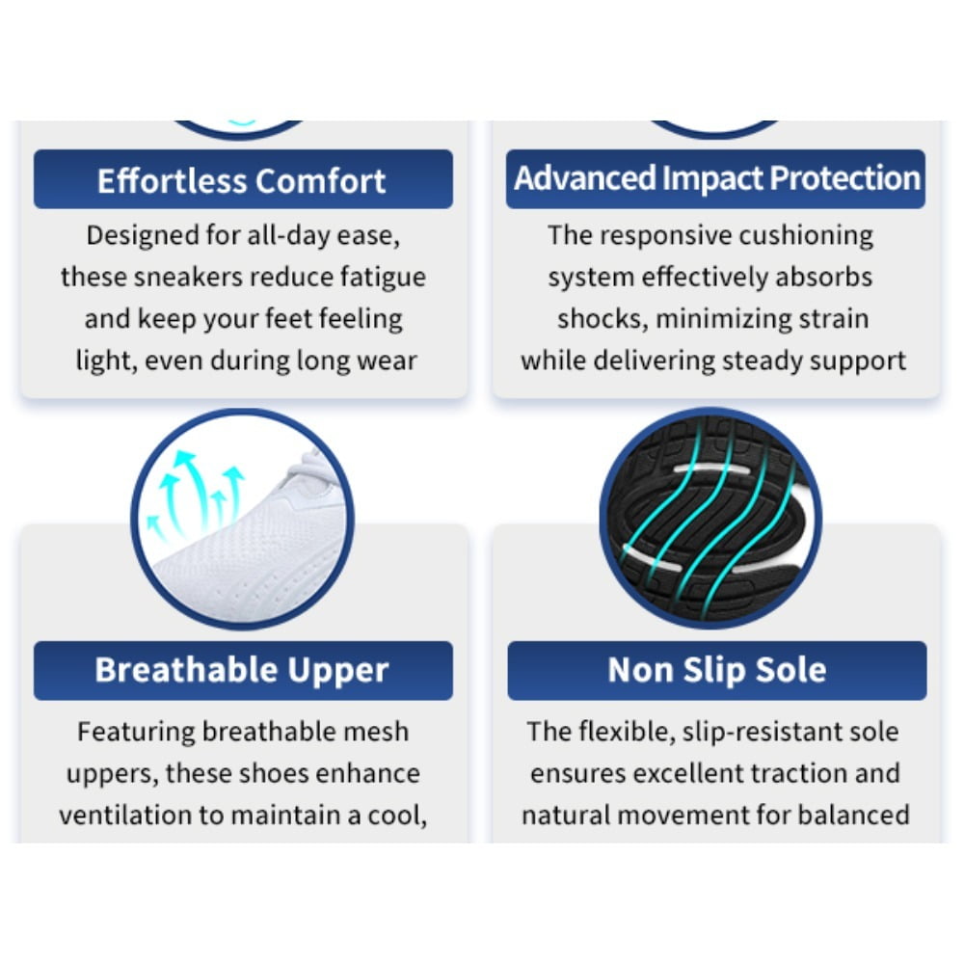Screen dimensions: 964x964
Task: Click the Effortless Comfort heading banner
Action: [243, 179]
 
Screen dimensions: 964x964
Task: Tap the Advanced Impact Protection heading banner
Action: [715, 179]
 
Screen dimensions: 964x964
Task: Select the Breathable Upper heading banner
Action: [243, 670]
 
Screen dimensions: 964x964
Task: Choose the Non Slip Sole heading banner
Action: [717, 670]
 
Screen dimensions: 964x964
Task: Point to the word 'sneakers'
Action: [188, 278]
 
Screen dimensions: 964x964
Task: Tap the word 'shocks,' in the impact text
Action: [602, 319]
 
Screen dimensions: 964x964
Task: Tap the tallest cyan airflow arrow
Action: [194, 489]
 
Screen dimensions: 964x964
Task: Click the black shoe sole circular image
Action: [710, 519]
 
